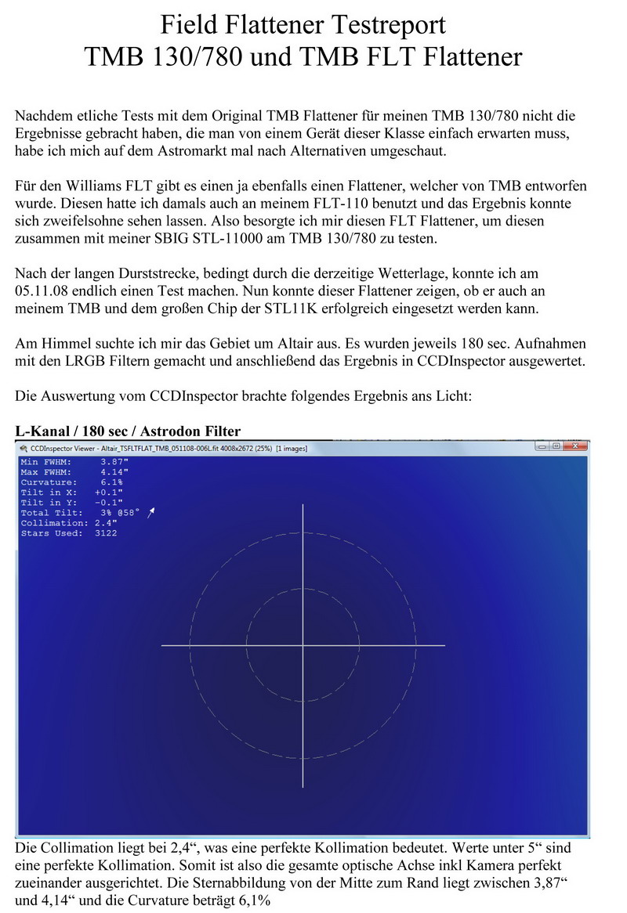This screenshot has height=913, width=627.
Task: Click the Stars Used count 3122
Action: click(x=104, y=533)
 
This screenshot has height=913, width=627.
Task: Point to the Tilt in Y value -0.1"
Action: click(x=107, y=503)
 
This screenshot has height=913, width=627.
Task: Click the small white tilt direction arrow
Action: click(x=152, y=511)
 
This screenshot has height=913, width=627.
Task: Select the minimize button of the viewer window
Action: click(x=542, y=446)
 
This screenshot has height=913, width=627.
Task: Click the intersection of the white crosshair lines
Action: click(x=303, y=645)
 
